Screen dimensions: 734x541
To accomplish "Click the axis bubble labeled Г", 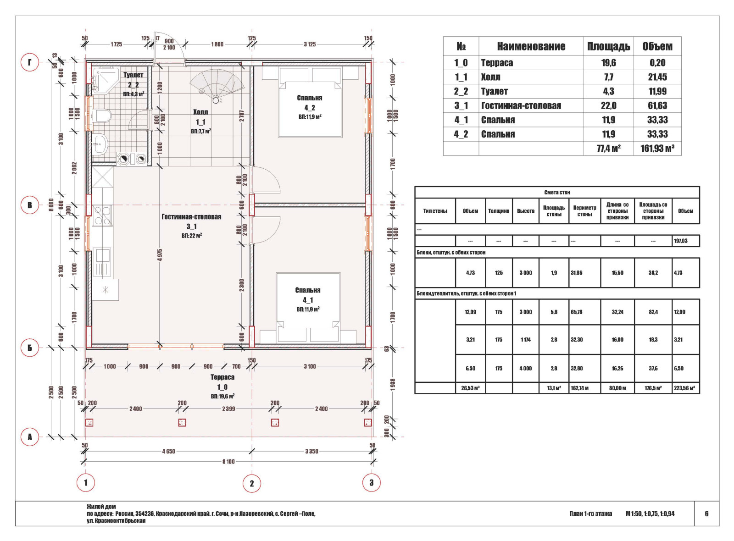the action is click(x=30, y=62).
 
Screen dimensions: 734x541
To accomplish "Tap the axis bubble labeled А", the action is click(x=30, y=437).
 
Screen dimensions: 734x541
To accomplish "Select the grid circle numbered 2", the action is click(x=252, y=483).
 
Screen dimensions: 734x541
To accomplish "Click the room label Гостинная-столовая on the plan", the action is click(x=191, y=217).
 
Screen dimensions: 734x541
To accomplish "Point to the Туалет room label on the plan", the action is click(x=133, y=75).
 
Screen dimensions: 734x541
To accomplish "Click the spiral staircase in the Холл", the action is click(x=217, y=86).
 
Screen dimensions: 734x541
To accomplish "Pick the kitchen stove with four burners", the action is click(x=102, y=215).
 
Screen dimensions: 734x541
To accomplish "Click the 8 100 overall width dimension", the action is click(x=228, y=461).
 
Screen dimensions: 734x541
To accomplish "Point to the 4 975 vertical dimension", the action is click(x=160, y=255).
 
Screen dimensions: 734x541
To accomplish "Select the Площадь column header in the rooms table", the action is click(x=608, y=46).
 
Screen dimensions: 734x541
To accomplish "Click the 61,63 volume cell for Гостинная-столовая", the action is click(x=657, y=105).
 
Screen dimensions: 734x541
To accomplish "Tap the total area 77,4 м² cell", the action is click(x=608, y=149).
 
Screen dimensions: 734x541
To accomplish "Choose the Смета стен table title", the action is click(x=557, y=192).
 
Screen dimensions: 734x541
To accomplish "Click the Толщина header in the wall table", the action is click(x=498, y=211).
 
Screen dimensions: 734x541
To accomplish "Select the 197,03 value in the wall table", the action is click(x=681, y=241).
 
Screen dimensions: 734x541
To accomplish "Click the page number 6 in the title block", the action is click(x=706, y=513).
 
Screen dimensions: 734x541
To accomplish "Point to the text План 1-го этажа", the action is click(x=590, y=513).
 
